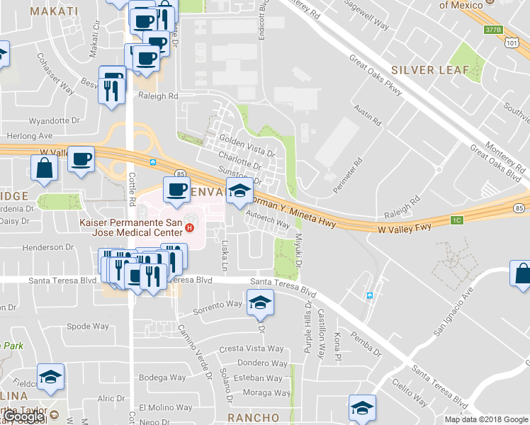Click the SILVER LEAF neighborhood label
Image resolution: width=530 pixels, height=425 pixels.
click(430, 70)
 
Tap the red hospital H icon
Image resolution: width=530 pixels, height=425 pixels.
click(189, 227)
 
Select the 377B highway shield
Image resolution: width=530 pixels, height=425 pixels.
click(493, 30)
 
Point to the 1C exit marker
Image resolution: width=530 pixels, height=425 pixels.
click(457, 220)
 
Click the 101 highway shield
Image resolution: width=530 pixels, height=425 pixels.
click(512, 42)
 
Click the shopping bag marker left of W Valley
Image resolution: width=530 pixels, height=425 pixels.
click(44, 168)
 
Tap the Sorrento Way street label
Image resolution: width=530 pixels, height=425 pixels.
click(218, 305)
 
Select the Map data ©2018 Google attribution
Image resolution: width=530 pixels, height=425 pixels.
click(485, 419)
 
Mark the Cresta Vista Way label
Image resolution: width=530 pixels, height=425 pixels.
click(251, 349)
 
